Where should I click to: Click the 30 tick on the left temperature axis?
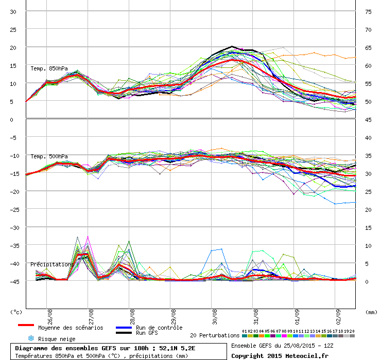[13, 12]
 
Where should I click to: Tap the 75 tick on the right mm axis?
[368, 12]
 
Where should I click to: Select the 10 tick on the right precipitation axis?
[368, 246]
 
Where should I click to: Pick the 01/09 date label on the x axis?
[297, 317]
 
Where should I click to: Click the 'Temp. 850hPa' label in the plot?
[49, 68]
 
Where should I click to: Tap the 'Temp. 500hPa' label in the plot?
[49, 156]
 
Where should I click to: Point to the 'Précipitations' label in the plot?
[52, 264]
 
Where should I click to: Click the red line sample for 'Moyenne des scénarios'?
[26, 325]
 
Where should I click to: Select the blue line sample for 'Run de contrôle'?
[124, 328]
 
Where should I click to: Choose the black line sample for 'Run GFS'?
[124, 333]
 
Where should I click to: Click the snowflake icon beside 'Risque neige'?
[31, 338]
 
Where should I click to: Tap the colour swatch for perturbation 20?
[352, 336]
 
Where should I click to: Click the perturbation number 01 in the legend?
[245, 331]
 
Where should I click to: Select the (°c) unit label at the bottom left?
[16, 312]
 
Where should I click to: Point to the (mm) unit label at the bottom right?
[371, 312]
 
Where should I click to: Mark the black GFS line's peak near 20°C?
[232, 46]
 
